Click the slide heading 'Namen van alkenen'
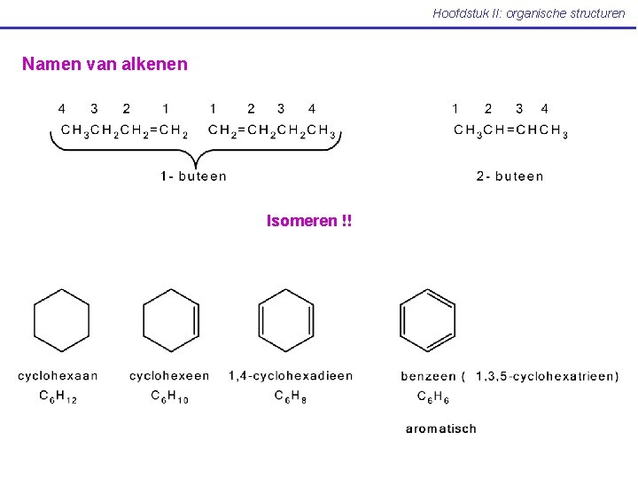tap(105, 64)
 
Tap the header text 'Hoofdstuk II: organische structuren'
tap(528, 13)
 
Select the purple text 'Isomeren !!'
tap(309, 221)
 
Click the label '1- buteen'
tap(193, 177)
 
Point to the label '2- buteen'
tap(510, 177)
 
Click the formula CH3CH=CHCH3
tap(510, 131)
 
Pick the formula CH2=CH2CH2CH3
tap(272, 131)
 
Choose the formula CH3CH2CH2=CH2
tap(124, 131)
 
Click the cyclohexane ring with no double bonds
tap(61, 320)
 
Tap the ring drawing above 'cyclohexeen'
tap(171, 320)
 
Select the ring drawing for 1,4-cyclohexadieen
tap(286, 320)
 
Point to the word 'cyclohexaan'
tap(58, 376)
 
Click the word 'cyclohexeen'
tap(169, 376)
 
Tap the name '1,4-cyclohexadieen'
tap(291, 376)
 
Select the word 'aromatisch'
tap(440, 428)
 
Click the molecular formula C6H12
tap(58, 397)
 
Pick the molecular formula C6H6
tap(434, 397)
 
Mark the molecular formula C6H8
tap(290, 397)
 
